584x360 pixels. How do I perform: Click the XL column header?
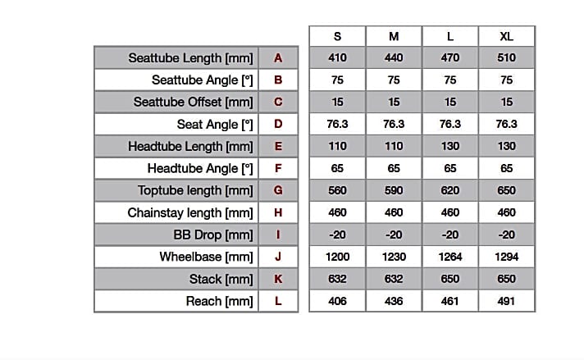[507, 36]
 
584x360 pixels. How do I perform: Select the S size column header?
[337, 36]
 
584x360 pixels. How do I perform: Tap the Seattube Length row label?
[186, 58]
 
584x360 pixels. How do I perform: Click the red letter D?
[278, 125]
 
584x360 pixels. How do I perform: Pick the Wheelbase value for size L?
[450, 257]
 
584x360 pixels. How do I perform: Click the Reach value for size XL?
[507, 301]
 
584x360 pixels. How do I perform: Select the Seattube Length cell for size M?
[394, 58]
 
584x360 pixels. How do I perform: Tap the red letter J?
[278, 257]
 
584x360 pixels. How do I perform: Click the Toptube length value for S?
[337, 190]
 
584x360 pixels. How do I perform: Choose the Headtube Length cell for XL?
[507, 146]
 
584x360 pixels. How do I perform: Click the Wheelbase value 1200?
[337, 257]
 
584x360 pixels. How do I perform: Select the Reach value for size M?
[394, 301]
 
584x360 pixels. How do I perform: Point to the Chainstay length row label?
[190, 212]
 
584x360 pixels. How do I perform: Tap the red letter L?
[278, 301]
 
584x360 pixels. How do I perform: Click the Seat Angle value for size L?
[450, 125]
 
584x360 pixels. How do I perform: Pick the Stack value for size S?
[337, 279]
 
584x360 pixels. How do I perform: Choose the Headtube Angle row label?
[200, 168]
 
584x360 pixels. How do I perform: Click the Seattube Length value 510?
[507, 58]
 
